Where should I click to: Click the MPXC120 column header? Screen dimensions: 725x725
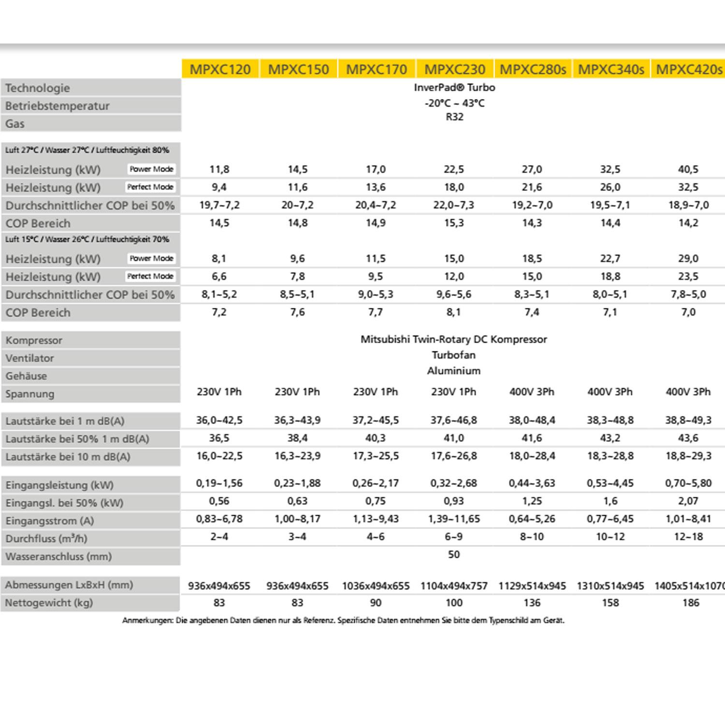point(220,70)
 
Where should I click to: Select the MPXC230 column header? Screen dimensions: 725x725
point(454,70)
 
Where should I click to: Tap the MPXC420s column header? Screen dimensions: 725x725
point(689,70)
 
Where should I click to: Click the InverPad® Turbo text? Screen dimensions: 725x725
point(454,87)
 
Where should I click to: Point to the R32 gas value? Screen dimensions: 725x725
point(454,117)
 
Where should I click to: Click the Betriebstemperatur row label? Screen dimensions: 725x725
point(58,106)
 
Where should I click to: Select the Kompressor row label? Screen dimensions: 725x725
point(34,340)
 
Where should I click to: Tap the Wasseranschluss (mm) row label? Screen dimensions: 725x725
point(58,556)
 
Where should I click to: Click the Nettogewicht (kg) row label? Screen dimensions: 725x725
point(49,603)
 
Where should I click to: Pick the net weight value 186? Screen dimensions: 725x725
point(691,603)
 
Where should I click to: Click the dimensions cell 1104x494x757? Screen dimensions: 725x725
point(454,586)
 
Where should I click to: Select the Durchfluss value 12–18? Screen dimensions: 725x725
point(688,536)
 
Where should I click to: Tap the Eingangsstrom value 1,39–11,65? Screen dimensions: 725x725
point(454,519)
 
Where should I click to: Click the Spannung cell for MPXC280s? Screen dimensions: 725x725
point(532,392)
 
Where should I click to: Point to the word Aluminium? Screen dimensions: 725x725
point(454,371)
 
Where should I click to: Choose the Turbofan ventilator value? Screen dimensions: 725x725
point(454,355)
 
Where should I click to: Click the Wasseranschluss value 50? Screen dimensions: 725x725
point(454,554)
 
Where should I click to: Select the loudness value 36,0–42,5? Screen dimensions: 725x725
point(219,420)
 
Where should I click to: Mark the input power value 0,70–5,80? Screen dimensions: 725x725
point(688,483)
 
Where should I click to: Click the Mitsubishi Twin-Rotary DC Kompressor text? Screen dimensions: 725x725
point(454,339)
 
